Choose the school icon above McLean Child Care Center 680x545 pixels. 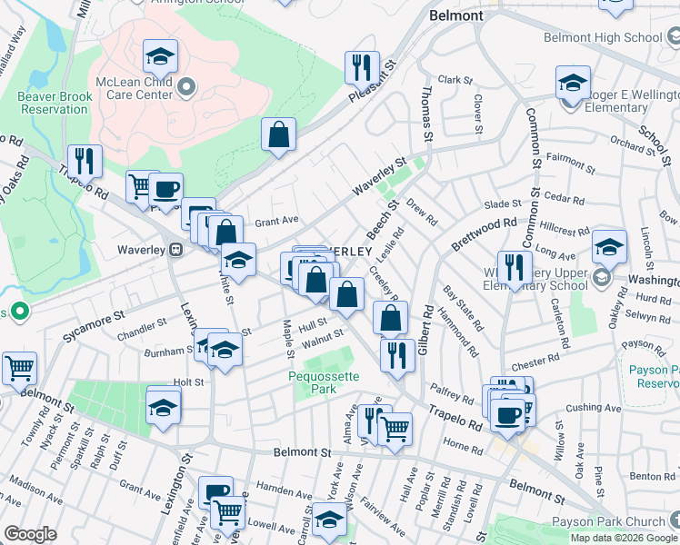(160, 57)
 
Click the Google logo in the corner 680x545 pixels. (30, 534)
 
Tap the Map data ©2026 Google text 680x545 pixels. (624, 538)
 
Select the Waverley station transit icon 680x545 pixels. (177, 249)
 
